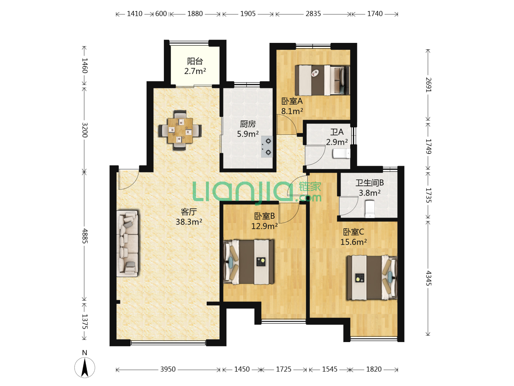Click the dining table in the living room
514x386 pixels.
pyautogui.click(x=180, y=130)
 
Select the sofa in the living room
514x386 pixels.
pyautogui.click(x=128, y=243)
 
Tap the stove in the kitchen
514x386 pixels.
pyautogui.click(x=267, y=147)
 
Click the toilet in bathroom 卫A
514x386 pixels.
pyautogui.click(x=341, y=154)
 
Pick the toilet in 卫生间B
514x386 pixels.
pyautogui.click(x=370, y=208)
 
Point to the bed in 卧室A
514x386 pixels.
pyautogui.click(x=322, y=80)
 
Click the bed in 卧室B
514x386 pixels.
pyautogui.click(x=249, y=262)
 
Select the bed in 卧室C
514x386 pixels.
pyautogui.click(x=372, y=278)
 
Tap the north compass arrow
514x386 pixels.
pyautogui.click(x=85, y=367)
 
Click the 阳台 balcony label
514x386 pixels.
pyautogui.click(x=195, y=61)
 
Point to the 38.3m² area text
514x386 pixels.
pyautogui.click(x=189, y=222)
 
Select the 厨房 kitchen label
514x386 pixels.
pyautogui.click(x=248, y=124)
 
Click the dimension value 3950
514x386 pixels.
pyautogui.click(x=168, y=369)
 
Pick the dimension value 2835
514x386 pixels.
pyautogui.click(x=313, y=14)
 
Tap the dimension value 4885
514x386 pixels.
pyautogui.click(x=85, y=236)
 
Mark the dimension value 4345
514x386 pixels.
pyautogui.click(x=428, y=278)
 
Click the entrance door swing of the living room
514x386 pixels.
pyautogui.click(x=128, y=179)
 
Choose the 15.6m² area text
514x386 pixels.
pyautogui.click(x=353, y=242)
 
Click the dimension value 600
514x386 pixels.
pyautogui.click(x=161, y=14)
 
